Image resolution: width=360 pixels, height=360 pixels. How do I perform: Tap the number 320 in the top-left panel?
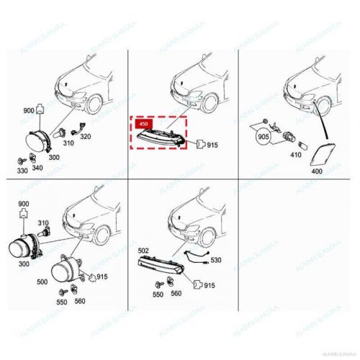[85, 136]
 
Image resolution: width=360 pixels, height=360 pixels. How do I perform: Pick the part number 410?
[296, 153]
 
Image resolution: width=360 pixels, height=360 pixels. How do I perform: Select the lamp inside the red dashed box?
[162, 134]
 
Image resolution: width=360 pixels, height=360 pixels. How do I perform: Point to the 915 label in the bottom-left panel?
[103, 277]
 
